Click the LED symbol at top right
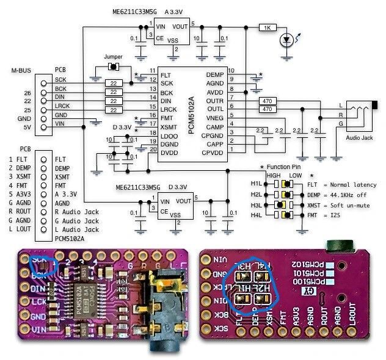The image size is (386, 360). (285, 41)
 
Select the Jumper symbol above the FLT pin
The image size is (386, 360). (113, 66)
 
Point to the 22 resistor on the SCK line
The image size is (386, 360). (114, 82)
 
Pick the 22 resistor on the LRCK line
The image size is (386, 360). (114, 109)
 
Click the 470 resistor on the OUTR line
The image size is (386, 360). (266, 101)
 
